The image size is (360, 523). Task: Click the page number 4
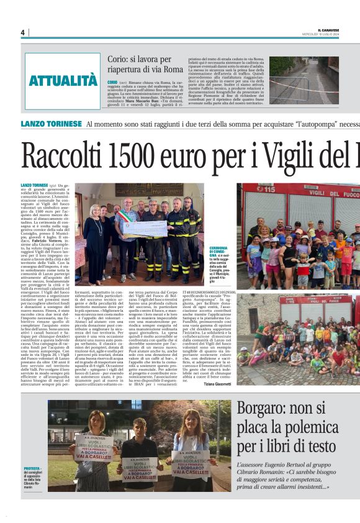pos(22,32)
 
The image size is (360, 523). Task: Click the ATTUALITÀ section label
pos(63,80)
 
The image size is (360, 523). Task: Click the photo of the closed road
pos(304,80)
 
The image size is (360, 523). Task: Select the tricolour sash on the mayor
pos(128,217)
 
